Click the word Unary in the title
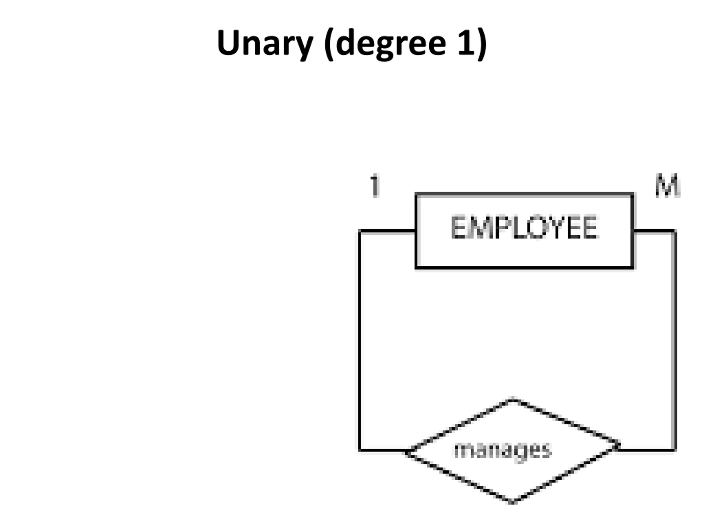[x=265, y=43]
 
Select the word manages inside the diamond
[x=503, y=450]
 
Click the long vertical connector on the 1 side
[x=360, y=340]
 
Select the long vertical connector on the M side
[x=674, y=340]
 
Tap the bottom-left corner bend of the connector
[x=360, y=450]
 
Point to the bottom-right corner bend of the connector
[x=674, y=450]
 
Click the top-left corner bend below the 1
[x=360, y=231]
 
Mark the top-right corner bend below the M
[x=674, y=231]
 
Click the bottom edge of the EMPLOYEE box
[x=524, y=268]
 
